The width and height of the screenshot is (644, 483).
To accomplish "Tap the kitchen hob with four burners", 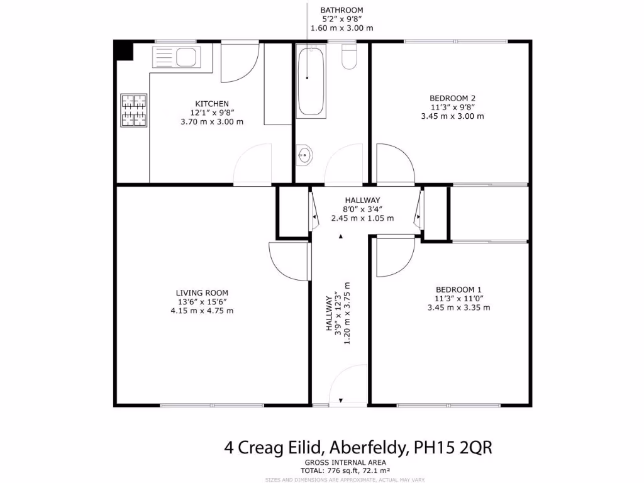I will (133, 110).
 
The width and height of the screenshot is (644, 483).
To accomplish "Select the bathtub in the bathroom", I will (311, 82).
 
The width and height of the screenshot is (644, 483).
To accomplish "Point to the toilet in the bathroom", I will (348, 58).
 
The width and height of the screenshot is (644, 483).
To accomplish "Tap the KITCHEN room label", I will (211, 104).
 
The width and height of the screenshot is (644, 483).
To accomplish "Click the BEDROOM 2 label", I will (452, 98).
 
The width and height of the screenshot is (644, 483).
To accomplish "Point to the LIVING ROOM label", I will (202, 292).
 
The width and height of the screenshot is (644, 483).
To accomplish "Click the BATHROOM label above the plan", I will (341, 11).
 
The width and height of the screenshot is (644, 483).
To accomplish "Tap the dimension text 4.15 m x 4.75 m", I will (202, 311).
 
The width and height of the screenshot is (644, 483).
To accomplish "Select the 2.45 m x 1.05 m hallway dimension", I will (362, 218).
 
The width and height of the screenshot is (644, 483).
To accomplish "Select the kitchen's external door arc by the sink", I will (240, 62).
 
